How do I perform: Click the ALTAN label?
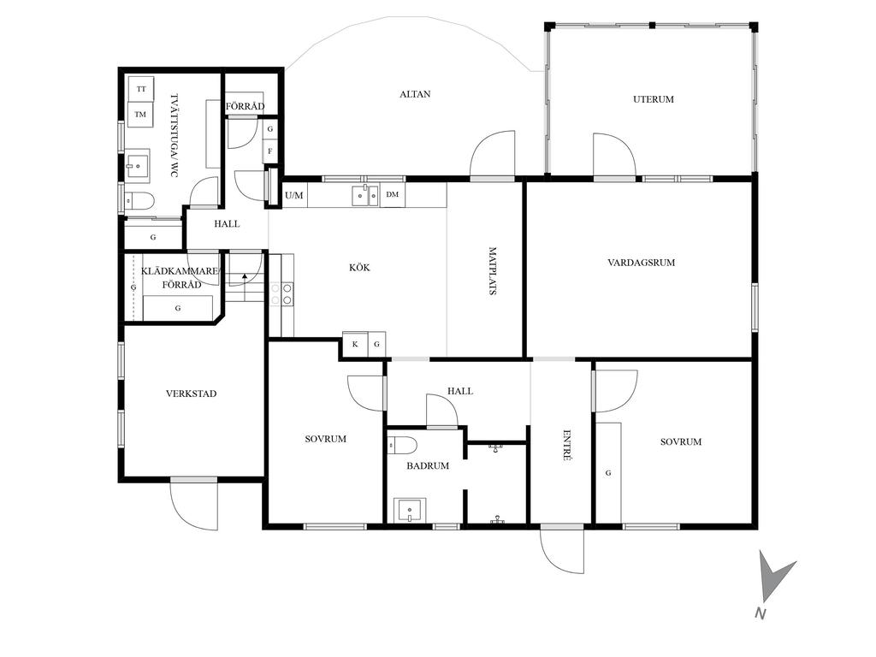click(x=415, y=94)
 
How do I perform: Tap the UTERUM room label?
click(x=653, y=99)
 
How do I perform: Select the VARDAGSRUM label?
click(x=642, y=262)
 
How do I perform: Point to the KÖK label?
click(x=359, y=267)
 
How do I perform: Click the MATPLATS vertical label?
click(x=493, y=271)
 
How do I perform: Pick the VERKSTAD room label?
click(x=191, y=394)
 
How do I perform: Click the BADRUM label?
click(x=428, y=465)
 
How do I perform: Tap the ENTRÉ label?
click(x=566, y=445)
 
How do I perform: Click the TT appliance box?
click(x=141, y=89)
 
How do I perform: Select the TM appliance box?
click(x=140, y=115)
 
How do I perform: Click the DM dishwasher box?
click(x=393, y=195)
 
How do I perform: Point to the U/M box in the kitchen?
click(x=294, y=196)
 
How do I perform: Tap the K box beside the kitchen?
click(x=355, y=344)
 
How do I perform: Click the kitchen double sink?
click(x=365, y=196)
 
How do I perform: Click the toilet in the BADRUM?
click(x=403, y=445)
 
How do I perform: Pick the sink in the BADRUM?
click(x=410, y=511)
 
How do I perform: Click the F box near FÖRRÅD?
click(x=270, y=151)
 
